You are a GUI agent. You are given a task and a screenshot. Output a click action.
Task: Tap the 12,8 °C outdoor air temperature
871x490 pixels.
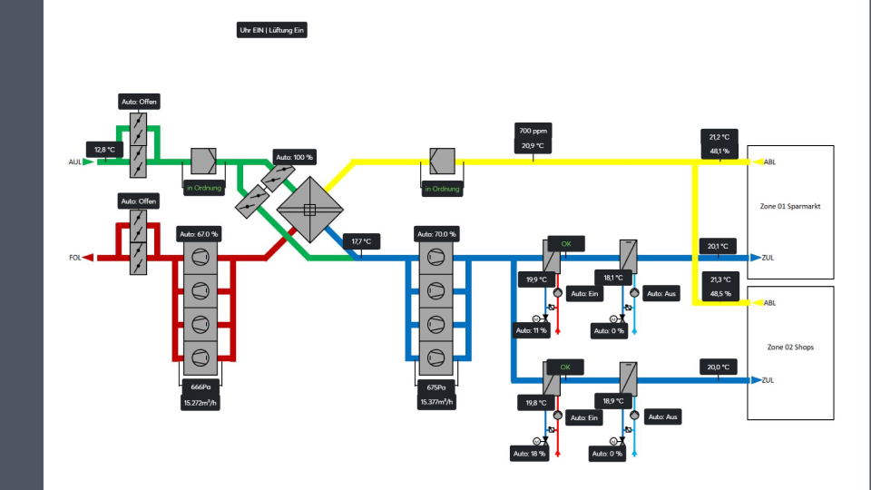(x=103, y=149)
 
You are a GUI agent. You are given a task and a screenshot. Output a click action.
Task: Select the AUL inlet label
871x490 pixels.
(x=75, y=162)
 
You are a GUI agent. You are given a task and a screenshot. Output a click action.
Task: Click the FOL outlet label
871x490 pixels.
(x=75, y=258)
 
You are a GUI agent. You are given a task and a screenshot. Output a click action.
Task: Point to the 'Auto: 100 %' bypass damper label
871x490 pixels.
(x=294, y=157)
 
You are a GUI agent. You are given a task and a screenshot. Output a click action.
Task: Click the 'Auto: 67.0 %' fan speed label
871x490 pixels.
(x=201, y=234)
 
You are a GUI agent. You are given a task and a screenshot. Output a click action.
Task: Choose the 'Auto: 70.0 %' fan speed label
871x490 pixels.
(x=436, y=234)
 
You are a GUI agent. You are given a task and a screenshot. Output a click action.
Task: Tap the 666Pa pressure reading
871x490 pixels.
(x=201, y=387)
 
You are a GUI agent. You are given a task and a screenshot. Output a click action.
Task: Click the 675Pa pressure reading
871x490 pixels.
(x=436, y=387)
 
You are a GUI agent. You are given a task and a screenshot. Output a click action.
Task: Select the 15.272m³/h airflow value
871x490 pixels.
(x=201, y=402)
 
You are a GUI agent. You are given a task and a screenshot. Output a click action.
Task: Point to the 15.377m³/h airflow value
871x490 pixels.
(x=436, y=402)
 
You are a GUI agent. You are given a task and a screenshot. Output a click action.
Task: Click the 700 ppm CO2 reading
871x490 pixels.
(x=533, y=131)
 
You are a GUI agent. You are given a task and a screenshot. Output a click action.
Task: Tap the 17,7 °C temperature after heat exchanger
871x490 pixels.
(x=361, y=242)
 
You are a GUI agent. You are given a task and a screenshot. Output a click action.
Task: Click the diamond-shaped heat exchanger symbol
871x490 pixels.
(x=309, y=210)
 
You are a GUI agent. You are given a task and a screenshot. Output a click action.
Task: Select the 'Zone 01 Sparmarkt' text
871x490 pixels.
(x=789, y=207)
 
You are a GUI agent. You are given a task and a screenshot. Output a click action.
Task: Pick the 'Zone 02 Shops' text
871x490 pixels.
(x=789, y=348)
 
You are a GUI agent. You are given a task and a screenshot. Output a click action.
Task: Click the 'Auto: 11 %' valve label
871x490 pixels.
(x=532, y=330)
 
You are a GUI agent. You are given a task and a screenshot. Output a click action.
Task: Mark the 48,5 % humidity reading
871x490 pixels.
(x=720, y=293)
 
